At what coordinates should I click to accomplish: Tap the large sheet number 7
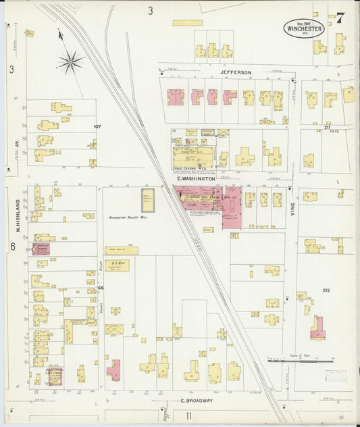pos(340,18)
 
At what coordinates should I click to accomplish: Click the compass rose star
pos(70,63)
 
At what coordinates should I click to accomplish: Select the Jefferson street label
pos(235,72)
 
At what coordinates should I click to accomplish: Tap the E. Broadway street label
pos(197,401)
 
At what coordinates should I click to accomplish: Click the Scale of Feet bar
pos(301,361)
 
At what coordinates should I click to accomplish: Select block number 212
pos(327,291)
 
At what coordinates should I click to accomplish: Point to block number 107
pos(97,126)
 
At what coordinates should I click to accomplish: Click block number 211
pos(327,127)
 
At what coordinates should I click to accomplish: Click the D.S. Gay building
pos(117,266)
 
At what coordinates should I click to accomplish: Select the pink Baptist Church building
pos(41,248)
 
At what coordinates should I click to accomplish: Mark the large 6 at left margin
pos(12,247)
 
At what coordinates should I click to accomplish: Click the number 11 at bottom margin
pos(188,416)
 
